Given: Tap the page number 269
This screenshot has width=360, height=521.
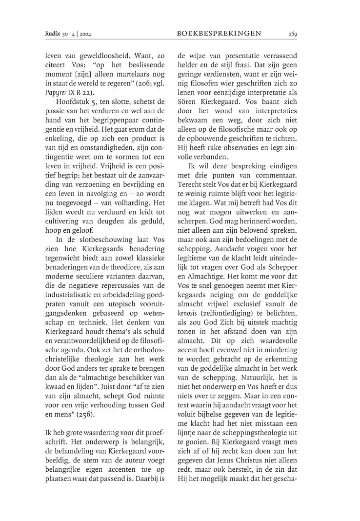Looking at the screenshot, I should (293, 33).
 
